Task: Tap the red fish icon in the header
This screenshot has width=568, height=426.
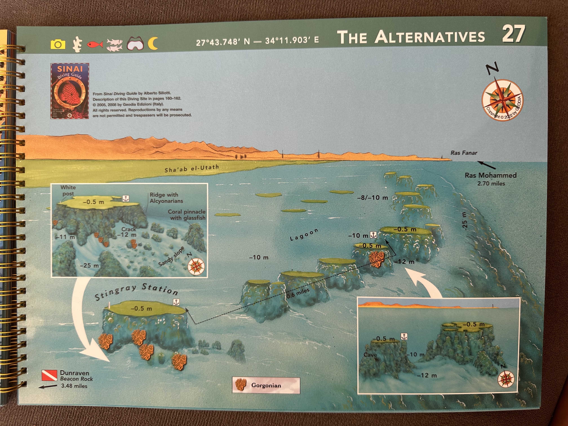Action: (95, 44)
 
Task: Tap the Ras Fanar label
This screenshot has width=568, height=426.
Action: (464, 153)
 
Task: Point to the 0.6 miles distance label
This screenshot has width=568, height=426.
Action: (298, 293)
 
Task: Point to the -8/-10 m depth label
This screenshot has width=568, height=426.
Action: (372, 198)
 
